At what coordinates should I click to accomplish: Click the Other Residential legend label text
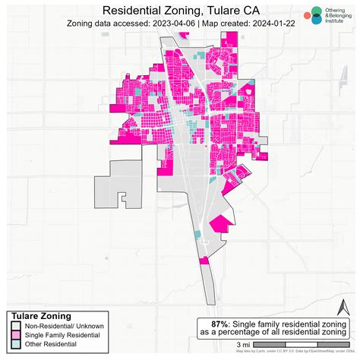(x=50, y=345)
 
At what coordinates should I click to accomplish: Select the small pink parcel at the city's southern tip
(x=204, y=261)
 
